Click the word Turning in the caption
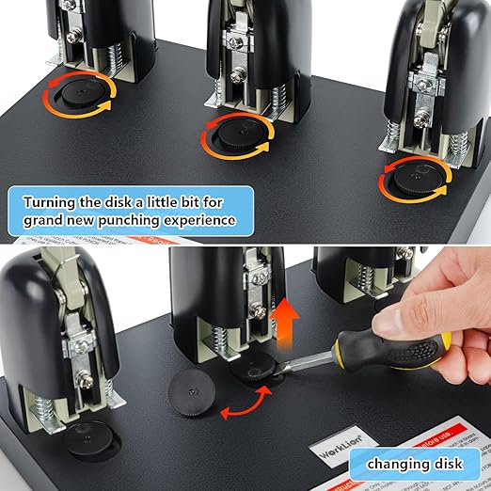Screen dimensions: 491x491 click(57, 201)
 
